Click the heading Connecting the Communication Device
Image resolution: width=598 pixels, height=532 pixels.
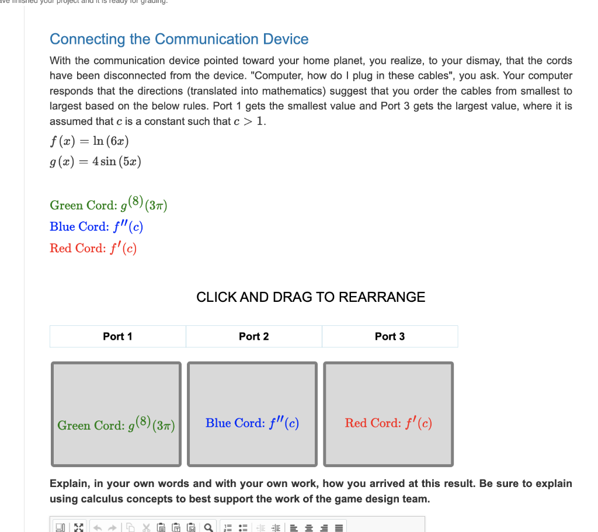coord(179,39)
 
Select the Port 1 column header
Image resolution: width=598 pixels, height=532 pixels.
coord(117,336)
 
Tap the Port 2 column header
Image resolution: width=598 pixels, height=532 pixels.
coord(253,336)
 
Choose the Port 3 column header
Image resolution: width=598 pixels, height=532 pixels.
coord(390,336)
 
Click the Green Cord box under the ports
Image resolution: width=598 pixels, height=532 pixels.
coord(116,414)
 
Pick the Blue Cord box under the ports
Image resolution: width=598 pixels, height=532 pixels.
coord(252,414)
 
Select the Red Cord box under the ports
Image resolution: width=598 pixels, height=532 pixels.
coord(388,414)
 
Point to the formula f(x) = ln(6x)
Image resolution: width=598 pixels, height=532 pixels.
coord(89,141)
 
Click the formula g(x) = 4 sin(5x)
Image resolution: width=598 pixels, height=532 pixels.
coord(95,162)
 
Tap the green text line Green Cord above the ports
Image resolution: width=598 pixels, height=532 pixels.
coord(109,205)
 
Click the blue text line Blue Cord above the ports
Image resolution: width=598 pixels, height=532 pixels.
coord(96,227)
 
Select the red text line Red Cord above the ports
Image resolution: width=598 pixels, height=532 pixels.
coord(93,248)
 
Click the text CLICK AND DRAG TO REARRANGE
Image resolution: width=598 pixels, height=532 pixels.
coord(311,297)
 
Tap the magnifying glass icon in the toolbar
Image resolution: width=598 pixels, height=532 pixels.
coord(208,526)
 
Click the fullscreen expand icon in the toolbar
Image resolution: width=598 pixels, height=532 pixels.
coord(76,526)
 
